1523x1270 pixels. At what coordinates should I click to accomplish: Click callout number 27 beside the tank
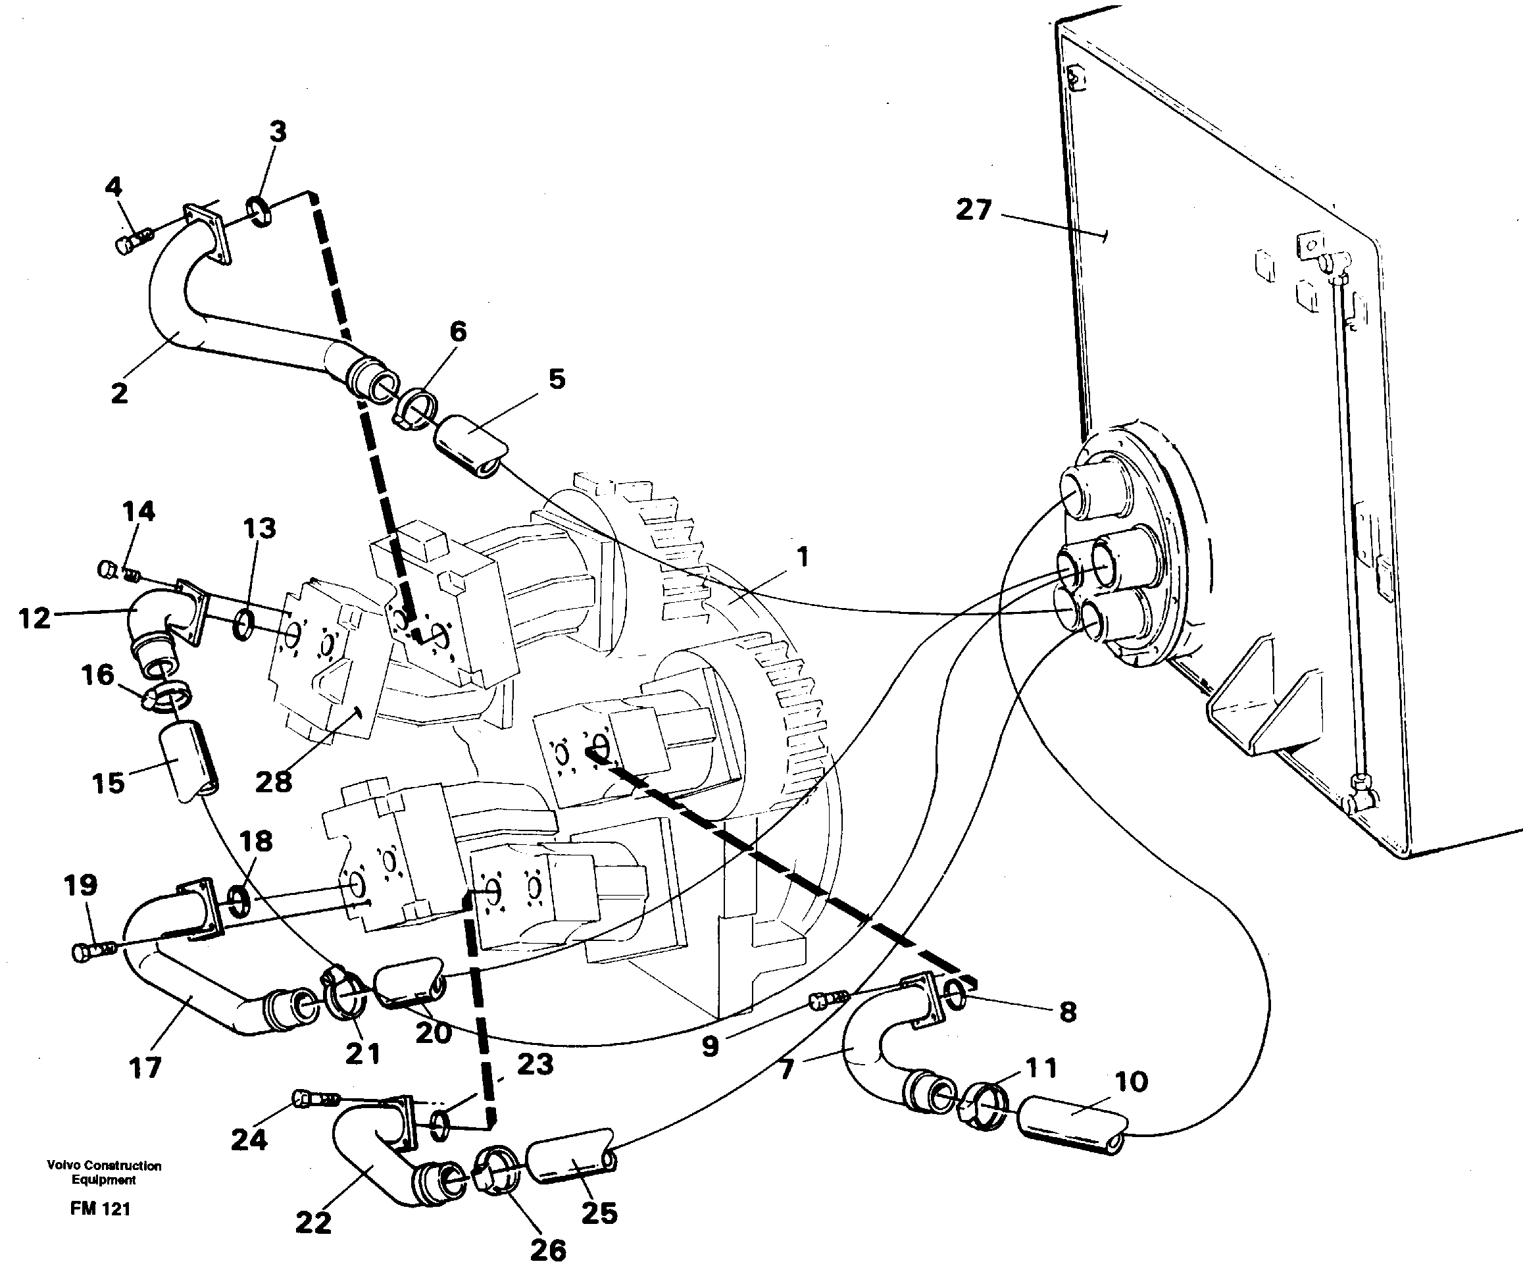[x=973, y=210]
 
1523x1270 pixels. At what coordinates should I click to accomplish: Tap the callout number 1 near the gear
[x=801, y=557]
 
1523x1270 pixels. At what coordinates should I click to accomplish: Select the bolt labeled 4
[x=132, y=241]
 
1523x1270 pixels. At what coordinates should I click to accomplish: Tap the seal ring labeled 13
[x=245, y=624]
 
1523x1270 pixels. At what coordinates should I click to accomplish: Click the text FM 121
[x=100, y=1209]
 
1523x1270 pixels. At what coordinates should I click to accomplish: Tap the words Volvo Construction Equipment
[x=104, y=1173]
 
